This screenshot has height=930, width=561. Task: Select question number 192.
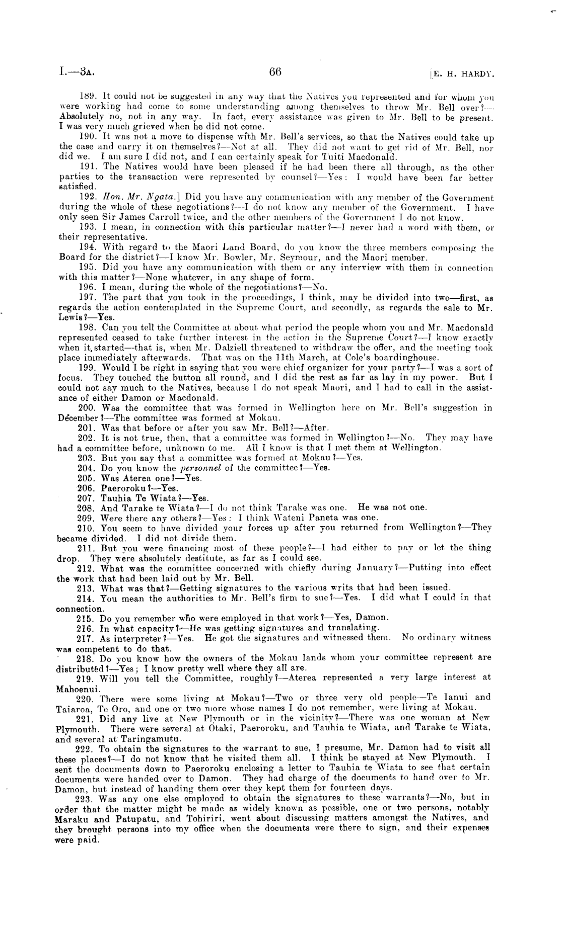point(88,198)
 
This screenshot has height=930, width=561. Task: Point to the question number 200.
point(88,408)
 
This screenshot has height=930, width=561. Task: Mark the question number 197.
point(88,297)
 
